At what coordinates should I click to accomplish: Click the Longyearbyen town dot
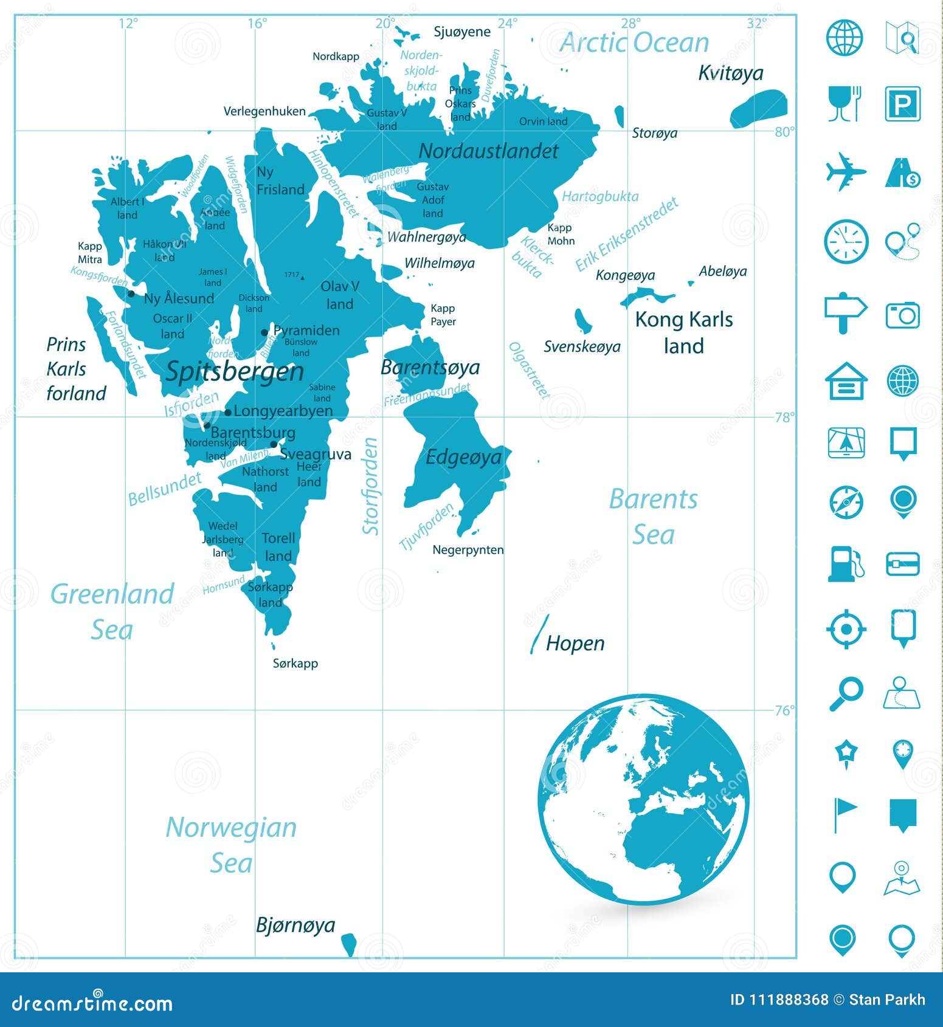[228, 412]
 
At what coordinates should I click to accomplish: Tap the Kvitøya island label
[730, 73]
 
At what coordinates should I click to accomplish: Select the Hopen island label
[575, 643]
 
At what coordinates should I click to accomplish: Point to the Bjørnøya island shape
[348, 944]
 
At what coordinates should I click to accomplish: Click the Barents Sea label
[654, 517]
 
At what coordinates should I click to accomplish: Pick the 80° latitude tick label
[785, 132]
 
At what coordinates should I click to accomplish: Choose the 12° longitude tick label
[128, 23]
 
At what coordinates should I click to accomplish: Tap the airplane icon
[845, 171]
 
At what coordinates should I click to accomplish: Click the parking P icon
[902, 104]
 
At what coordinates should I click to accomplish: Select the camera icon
[902, 315]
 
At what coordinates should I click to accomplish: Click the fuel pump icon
[845, 564]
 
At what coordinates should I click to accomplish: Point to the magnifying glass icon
[845, 693]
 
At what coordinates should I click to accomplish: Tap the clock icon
[845, 242]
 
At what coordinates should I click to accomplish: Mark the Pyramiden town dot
[264, 332]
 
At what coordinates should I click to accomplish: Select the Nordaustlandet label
[488, 151]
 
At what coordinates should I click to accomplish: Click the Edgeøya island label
[463, 457]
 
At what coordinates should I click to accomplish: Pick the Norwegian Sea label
[231, 845]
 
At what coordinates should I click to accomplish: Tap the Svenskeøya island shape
[582, 320]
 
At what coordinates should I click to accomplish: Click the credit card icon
[902, 564]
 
